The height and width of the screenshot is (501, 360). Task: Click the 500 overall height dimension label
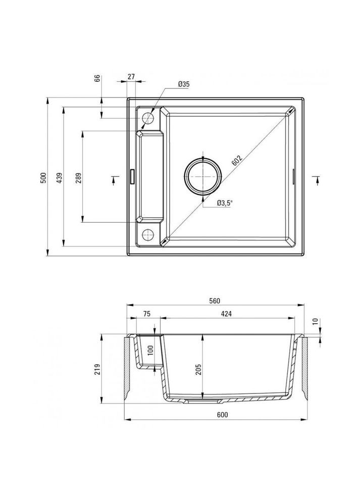(44, 178)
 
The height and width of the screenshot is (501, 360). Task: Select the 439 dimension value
(59, 178)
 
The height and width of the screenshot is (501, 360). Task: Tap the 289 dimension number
(78, 178)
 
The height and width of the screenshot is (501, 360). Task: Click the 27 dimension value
(131, 76)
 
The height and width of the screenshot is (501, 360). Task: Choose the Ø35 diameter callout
(184, 84)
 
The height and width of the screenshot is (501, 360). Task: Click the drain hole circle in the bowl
(203, 176)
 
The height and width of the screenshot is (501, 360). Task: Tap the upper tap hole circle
(148, 118)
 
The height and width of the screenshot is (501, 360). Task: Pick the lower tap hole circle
(148, 234)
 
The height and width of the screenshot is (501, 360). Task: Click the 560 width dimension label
(215, 301)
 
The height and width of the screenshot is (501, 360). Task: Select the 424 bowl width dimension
(226, 314)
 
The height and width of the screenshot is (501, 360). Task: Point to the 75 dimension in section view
(146, 314)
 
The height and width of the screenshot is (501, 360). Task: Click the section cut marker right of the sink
(317, 177)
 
